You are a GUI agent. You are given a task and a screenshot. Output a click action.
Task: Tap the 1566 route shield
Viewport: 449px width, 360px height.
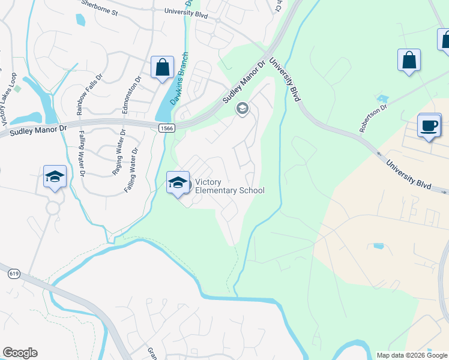166,128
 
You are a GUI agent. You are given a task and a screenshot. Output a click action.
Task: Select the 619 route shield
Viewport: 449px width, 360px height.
14,274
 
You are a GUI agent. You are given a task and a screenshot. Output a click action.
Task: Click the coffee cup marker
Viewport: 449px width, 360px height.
429,126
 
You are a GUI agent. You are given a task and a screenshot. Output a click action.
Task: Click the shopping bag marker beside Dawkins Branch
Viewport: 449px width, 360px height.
162,68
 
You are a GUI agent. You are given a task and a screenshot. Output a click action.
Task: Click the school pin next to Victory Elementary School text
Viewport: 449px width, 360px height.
178,184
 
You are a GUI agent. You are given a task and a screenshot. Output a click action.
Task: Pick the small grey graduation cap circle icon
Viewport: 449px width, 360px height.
243,109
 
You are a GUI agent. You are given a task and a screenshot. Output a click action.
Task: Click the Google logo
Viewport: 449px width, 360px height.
20,353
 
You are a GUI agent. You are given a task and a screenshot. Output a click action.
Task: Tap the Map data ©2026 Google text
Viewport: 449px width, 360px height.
411,355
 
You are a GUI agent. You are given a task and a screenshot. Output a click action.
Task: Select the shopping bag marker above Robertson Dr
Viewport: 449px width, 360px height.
409,61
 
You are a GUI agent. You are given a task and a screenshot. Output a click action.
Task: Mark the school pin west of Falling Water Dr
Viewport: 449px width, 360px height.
55,177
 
